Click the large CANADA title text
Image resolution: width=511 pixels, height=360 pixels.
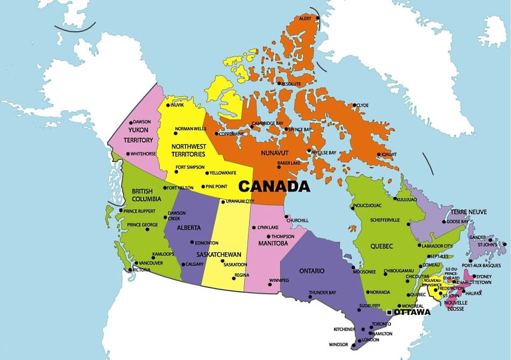coord(274,187)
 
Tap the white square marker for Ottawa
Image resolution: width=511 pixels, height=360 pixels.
coord(389,312)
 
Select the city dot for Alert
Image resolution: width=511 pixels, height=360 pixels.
coord(318,18)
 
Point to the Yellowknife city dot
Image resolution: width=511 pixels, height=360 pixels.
coord(207,173)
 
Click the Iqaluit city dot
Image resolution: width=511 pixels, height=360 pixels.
coord(379,154)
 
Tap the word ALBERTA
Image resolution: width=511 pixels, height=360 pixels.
coord(188,227)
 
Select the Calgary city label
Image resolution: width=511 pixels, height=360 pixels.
coord(194,264)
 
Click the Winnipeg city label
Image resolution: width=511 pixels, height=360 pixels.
coord(279,280)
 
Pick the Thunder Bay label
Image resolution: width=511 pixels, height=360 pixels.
coord(322,293)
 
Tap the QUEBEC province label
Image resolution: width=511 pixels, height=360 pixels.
coord(381,246)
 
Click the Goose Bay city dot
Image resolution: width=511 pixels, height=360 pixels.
coord(444,222)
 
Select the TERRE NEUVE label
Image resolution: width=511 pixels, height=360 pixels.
coord(469,212)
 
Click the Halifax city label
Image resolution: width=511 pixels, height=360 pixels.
coord(474,293)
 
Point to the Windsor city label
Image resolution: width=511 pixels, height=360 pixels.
coord(338,345)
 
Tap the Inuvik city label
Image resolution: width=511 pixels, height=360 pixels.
coord(177,105)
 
